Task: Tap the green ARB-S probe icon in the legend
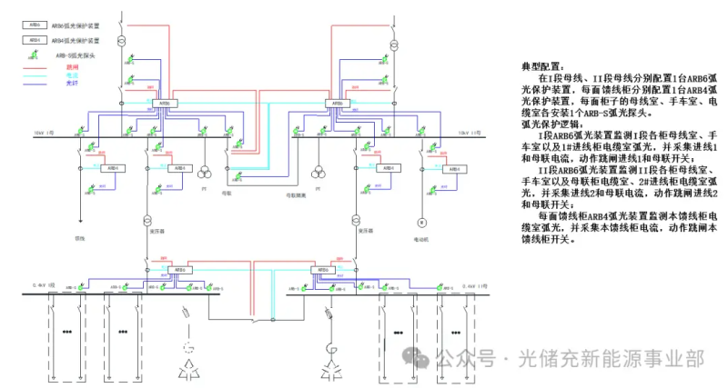pos(34,55)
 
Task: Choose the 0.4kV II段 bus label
pos(476,285)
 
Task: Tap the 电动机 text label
pos(421,240)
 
